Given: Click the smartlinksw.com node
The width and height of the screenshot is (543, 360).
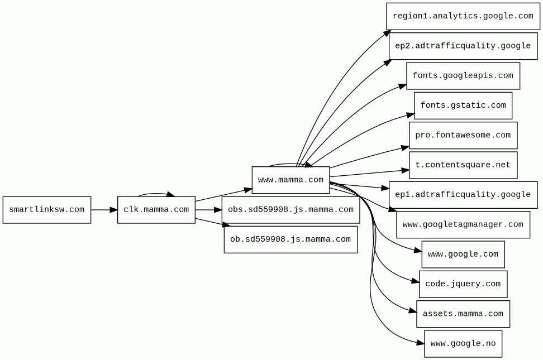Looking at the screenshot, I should click(x=47, y=210).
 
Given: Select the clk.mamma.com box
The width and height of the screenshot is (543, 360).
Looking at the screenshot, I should click(x=156, y=210).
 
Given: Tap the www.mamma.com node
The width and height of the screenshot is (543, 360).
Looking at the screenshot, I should click(x=290, y=180).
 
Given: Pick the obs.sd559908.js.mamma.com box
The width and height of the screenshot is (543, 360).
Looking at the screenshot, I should click(x=290, y=210).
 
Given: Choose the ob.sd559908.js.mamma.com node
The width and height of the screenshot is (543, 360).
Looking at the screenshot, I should click(x=290, y=239).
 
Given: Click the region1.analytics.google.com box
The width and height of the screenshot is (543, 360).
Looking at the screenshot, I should click(x=463, y=16).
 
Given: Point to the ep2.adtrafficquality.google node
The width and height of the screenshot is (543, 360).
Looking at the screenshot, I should click(x=463, y=46).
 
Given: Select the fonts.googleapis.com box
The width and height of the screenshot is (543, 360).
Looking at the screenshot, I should click(x=463, y=76).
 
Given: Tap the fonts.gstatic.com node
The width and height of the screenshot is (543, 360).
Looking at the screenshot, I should click(x=463, y=105).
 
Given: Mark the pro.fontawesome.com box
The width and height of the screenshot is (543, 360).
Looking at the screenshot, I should click(x=463, y=135).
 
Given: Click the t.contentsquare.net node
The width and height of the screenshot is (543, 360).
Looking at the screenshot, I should click(x=463, y=165).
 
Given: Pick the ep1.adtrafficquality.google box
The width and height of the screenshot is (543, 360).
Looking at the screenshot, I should click(x=463, y=195).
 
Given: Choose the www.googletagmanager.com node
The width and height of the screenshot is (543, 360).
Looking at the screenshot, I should click(x=463, y=224).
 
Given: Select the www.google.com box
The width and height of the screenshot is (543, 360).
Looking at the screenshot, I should click(x=463, y=255).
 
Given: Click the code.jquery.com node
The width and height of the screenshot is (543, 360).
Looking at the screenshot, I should click(x=463, y=284).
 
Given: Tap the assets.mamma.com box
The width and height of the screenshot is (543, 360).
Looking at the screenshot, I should click(x=463, y=314).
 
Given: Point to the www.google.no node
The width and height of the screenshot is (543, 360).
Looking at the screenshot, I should click(x=463, y=344).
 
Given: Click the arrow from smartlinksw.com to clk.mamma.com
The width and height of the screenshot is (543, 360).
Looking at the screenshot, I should click(x=104, y=210).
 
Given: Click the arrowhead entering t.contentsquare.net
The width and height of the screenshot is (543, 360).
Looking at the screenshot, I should click(x=405, y=170).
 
